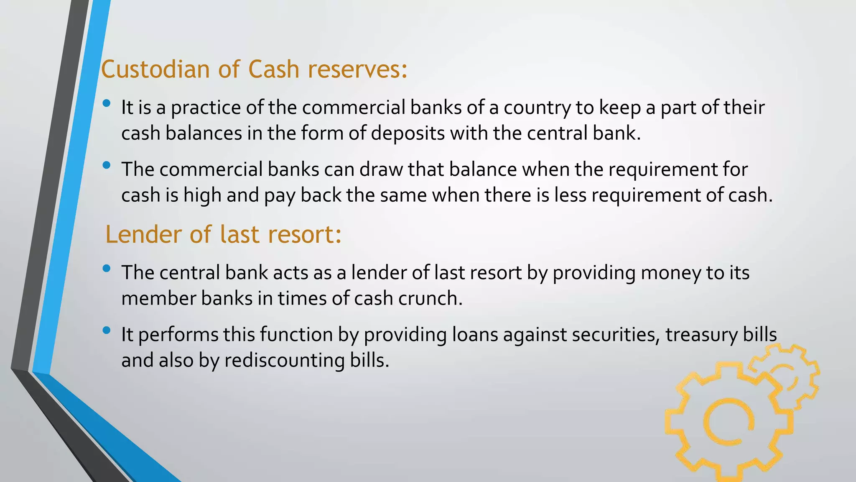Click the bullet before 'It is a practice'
(107, 103)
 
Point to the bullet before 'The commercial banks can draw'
(107, 165)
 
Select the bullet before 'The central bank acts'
(107, 268)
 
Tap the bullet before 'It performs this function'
(107, 330)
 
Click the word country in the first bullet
(537, 108)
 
